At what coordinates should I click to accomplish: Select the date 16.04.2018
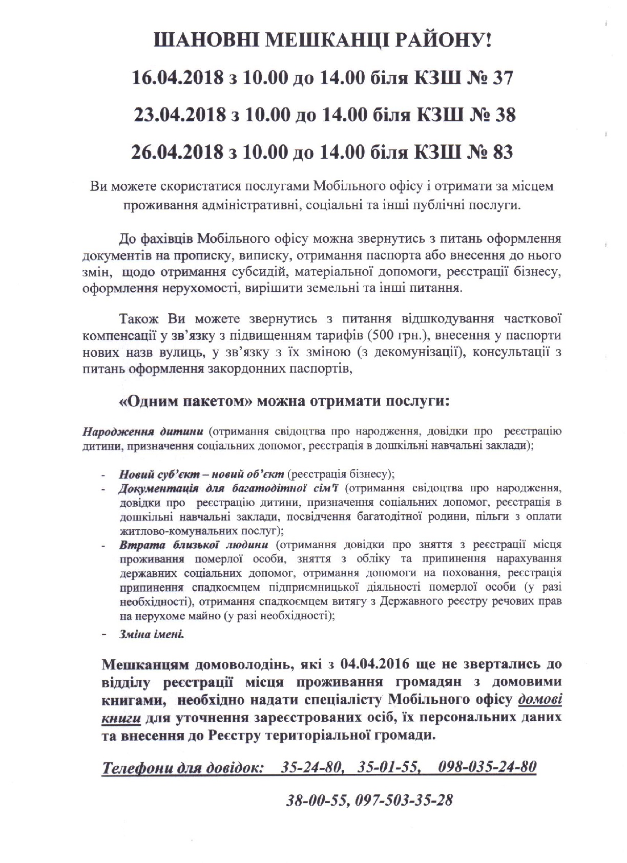177,78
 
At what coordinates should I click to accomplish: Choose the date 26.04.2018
177,152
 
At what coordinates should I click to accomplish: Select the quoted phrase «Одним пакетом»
185,401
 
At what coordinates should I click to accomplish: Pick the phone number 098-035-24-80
487,767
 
